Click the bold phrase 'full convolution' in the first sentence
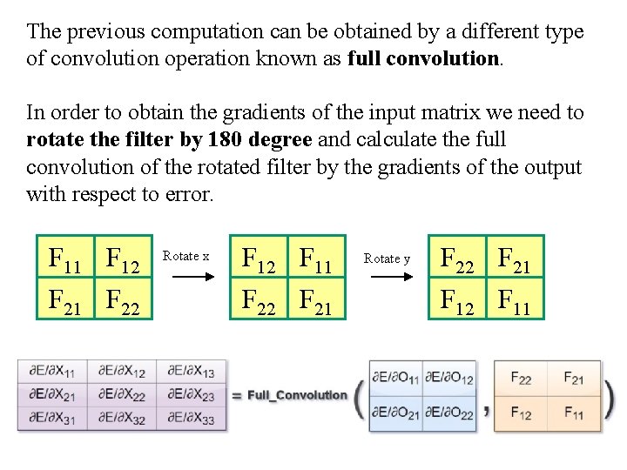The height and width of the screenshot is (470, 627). [x=423, y=59]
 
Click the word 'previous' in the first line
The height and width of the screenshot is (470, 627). [x=105, y=32]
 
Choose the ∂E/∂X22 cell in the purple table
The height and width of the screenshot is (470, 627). [x=122, y=395]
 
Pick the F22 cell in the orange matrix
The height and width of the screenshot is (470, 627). [x=521, y=378]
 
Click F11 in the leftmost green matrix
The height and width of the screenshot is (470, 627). [x=66, y=258]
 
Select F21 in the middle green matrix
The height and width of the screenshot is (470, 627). [x=317, y=299]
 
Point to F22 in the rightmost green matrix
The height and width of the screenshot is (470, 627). [x=458, y=258]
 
